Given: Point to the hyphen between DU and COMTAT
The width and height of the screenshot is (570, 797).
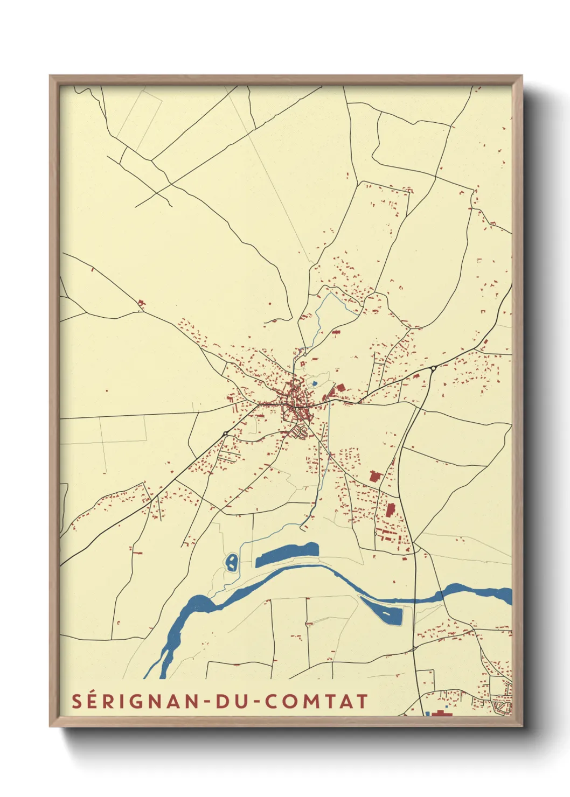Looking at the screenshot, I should point(256,702).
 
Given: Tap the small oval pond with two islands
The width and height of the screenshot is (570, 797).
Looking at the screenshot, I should point(231,562).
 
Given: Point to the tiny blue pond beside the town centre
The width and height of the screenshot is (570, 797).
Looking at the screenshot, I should point(315,383).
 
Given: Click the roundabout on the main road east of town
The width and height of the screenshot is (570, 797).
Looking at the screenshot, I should point(433,368).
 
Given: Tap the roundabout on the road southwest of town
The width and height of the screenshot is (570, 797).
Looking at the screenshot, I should point(225,433).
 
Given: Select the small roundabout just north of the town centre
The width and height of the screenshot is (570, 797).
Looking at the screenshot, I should point(305,354).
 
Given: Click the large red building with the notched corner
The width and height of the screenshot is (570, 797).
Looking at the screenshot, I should point(376,476).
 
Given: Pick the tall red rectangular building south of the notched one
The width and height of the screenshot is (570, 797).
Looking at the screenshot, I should point(391,509).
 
